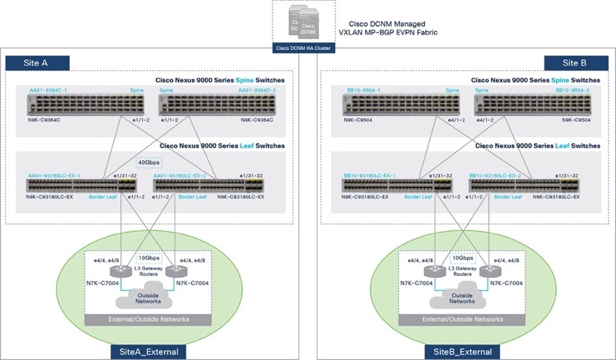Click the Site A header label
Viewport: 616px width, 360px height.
[37, 63]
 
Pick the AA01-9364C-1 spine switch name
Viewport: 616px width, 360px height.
[48, 90]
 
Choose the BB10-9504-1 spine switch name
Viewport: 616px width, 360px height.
[363, 90]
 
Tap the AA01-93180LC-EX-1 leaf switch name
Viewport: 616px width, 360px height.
[54, 176]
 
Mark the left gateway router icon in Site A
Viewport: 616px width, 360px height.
[121, 270]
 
